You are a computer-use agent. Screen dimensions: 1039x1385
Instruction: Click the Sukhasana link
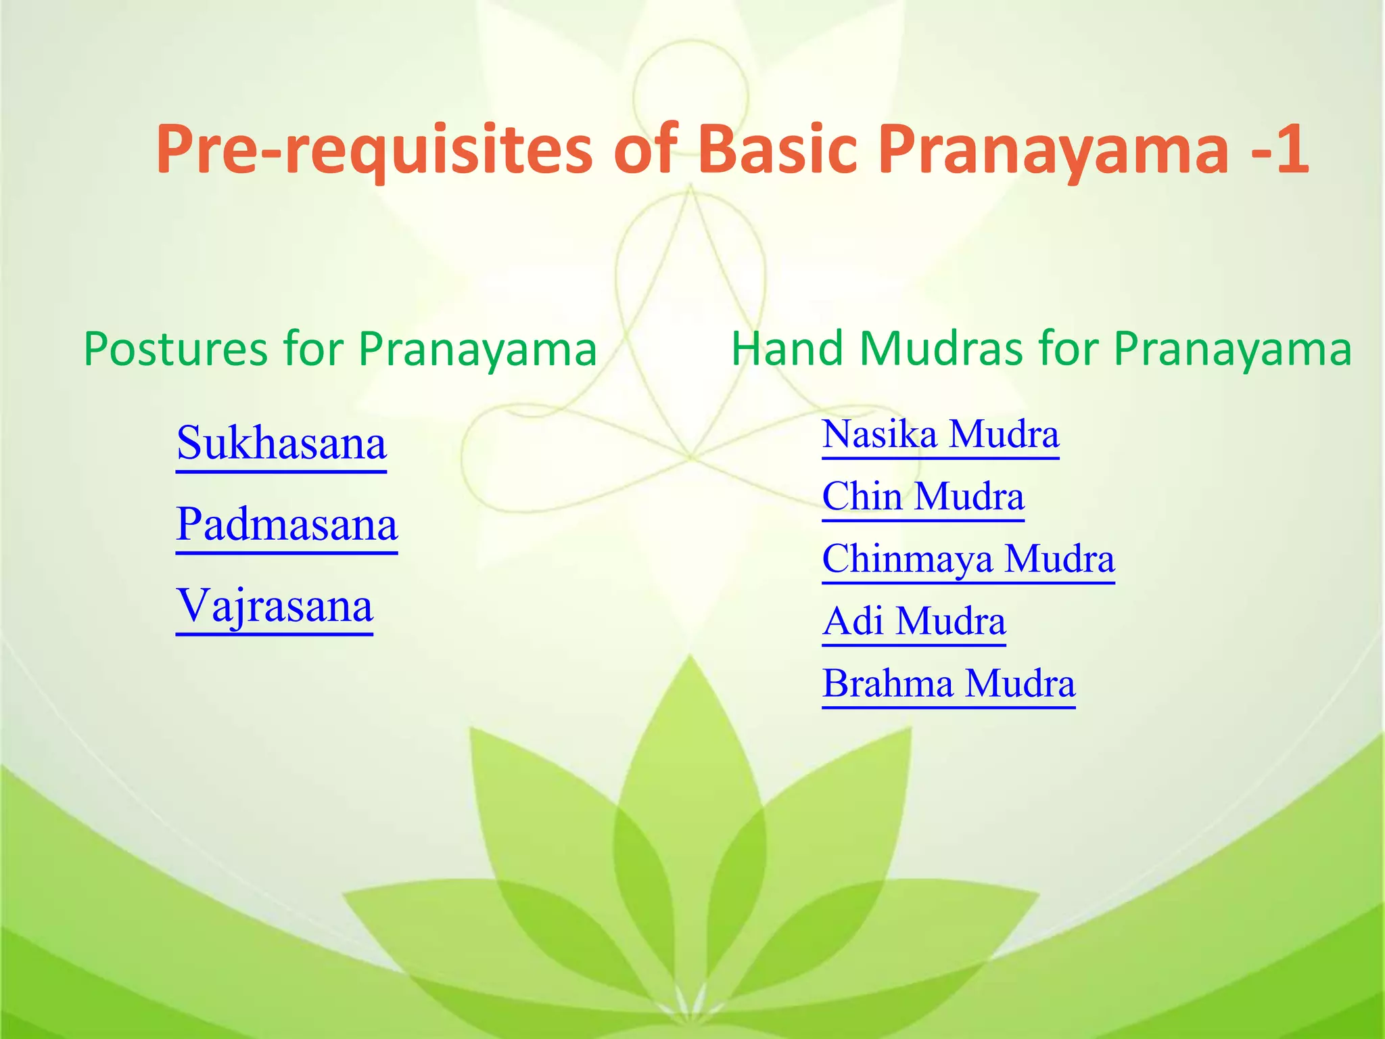pos(281,444)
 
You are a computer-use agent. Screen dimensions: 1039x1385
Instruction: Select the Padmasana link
pos(287,526)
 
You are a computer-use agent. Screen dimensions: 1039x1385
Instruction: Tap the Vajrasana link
pos(274,607)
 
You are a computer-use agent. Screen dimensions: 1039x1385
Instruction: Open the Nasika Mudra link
pos(940,435)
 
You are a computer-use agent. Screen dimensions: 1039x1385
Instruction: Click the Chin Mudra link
pos(922,497)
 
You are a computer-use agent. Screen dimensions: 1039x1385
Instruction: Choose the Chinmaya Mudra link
pos(968,559)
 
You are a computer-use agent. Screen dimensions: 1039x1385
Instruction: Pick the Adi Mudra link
pos(914,622)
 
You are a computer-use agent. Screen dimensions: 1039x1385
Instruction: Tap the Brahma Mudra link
pos(948,684)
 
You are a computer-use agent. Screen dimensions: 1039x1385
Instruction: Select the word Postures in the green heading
pos(175,350)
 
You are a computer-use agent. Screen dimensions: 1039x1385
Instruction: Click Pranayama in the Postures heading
pos(477,350)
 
